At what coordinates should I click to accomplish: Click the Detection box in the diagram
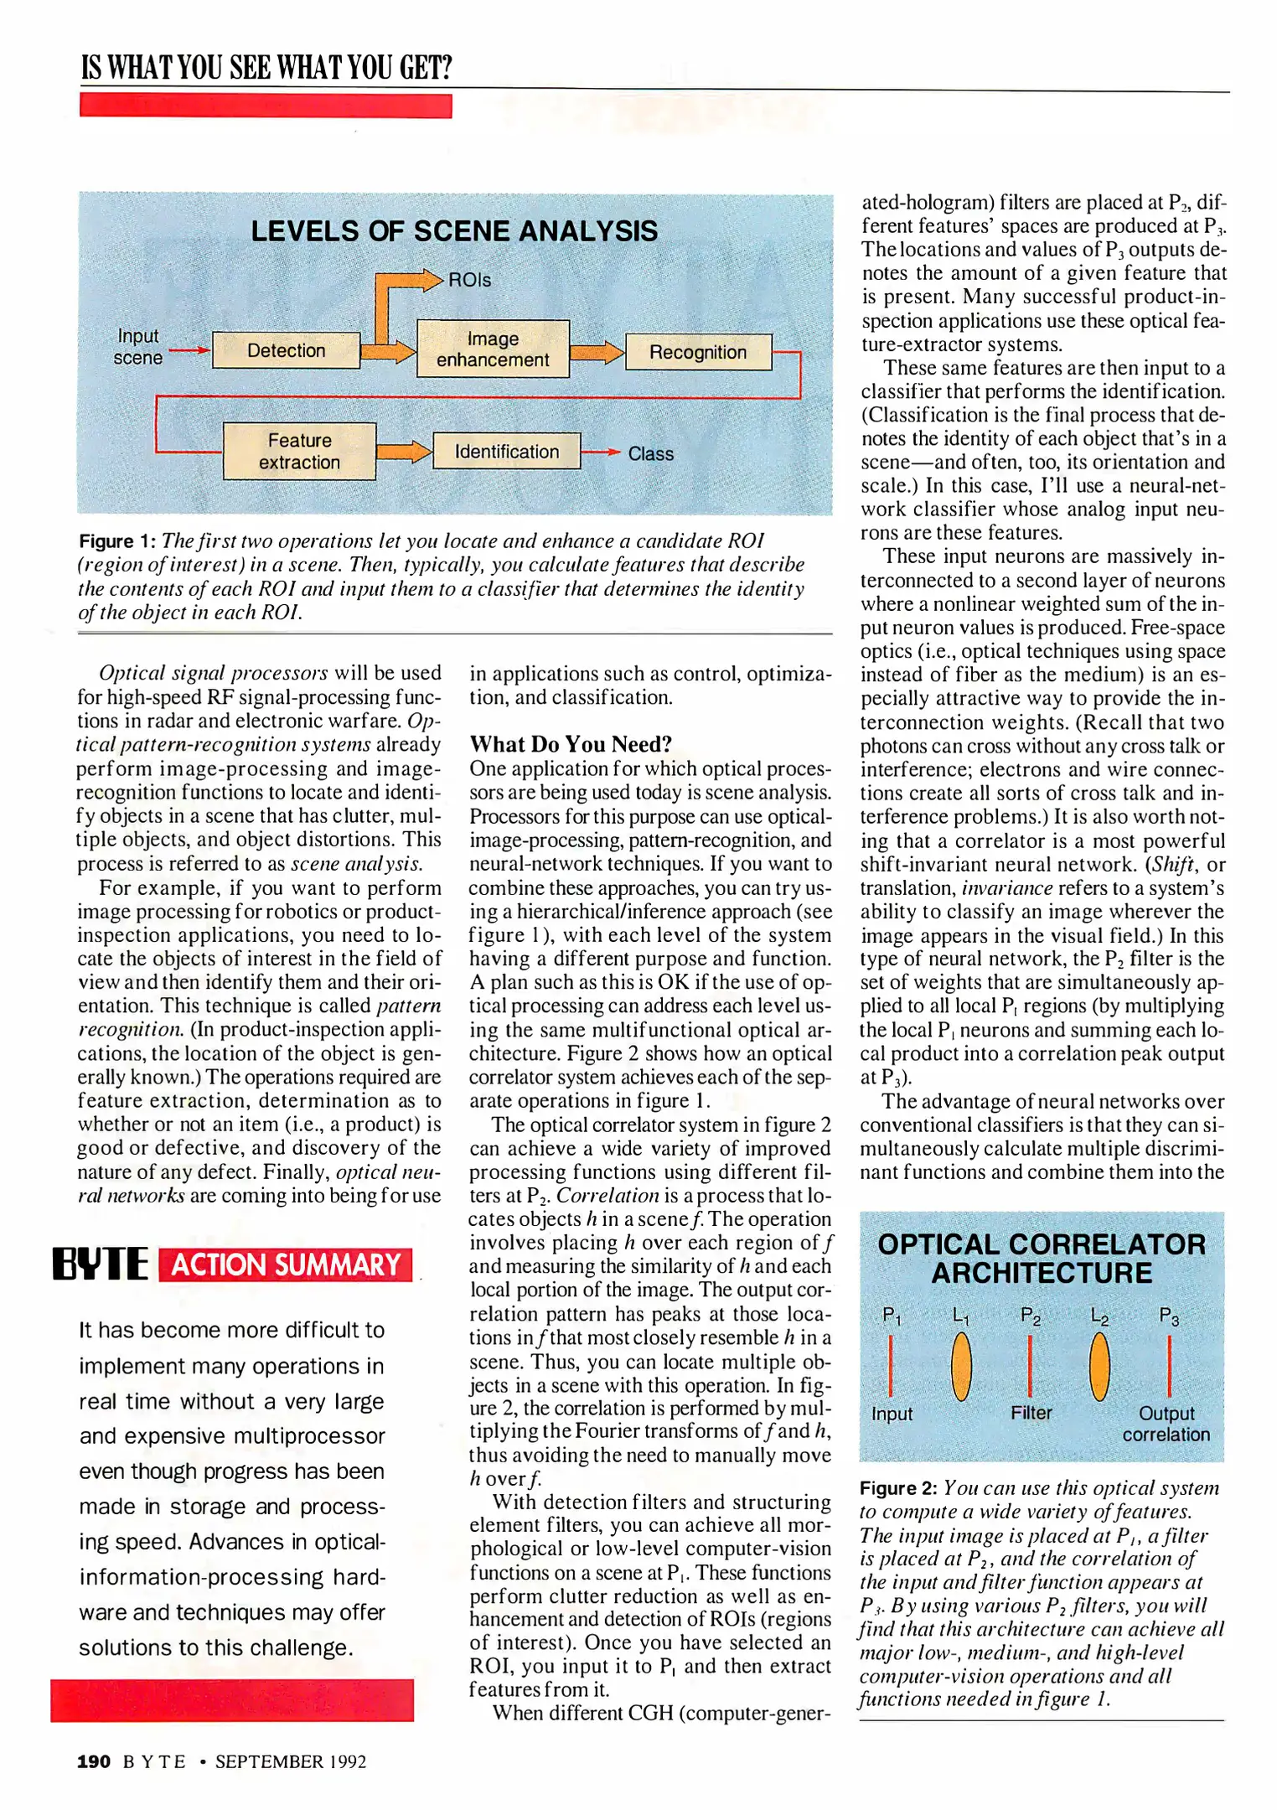coord(286,350)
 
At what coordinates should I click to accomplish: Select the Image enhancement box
coord(493,349)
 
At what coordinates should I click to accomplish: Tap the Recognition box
coord(697,352)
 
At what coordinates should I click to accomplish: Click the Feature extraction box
coord(299,451)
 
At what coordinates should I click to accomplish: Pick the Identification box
coord(506,452)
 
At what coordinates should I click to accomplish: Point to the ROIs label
coord(469,280)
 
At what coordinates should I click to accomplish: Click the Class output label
coord(650,453)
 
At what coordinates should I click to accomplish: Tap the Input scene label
coord(138,347)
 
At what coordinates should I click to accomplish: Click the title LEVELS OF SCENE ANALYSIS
coord(454,231)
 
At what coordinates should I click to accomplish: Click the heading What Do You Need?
coord(571,744)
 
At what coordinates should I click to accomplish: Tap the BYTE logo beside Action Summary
coord(100,1264)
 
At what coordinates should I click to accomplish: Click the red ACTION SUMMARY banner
coord(285,1264)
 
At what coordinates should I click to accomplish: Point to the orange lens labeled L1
coord(961,1367)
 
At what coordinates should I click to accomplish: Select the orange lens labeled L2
coord(1099,1367)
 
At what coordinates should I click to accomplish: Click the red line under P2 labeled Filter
coord(1030,1365)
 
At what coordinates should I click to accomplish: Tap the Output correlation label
coord(1166,1424)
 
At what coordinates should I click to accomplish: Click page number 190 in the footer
coord(94,1761)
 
